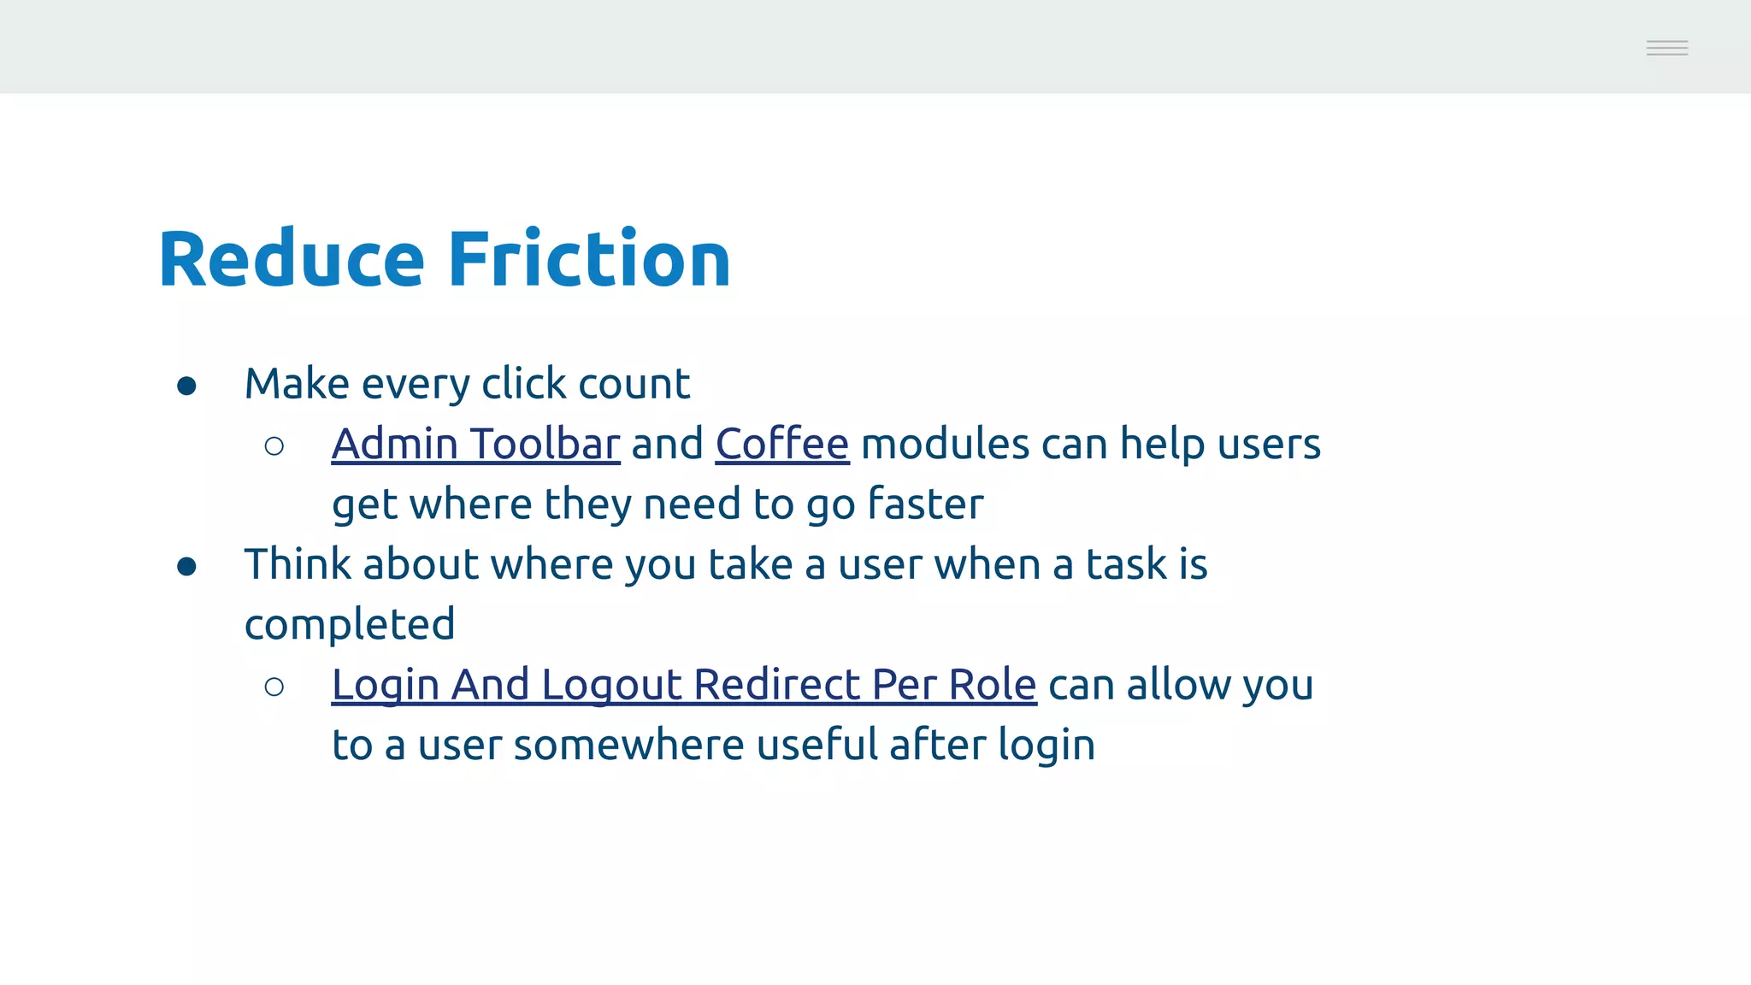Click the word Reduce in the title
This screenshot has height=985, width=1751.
click(x=292, y=259)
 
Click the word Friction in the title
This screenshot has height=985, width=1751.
click(x=589, y=259)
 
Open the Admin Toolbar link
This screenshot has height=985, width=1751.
click(x=475, y=444)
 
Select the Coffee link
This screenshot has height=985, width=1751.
click(x=782, y=444)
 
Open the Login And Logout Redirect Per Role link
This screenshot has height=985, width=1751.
click(x=684, y=685)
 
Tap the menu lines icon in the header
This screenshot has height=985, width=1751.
click(x=1666, y=48)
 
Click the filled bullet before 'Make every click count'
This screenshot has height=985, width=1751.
click(x=186, y=386)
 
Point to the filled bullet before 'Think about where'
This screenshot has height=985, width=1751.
click(x=186, y=567)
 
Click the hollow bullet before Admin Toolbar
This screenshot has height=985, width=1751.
click(x=274, y=446)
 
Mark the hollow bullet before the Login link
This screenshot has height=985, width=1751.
click(x=274, y=687)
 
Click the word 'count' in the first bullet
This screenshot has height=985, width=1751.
click(x=634, y=384)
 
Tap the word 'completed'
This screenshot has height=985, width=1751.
click(x=350, y=625)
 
